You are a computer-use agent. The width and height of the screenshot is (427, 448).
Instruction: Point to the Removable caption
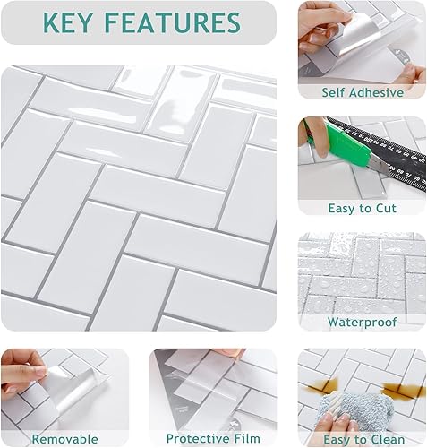coord(64,438)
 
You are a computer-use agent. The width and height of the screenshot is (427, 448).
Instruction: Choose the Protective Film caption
coord(212,438)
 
